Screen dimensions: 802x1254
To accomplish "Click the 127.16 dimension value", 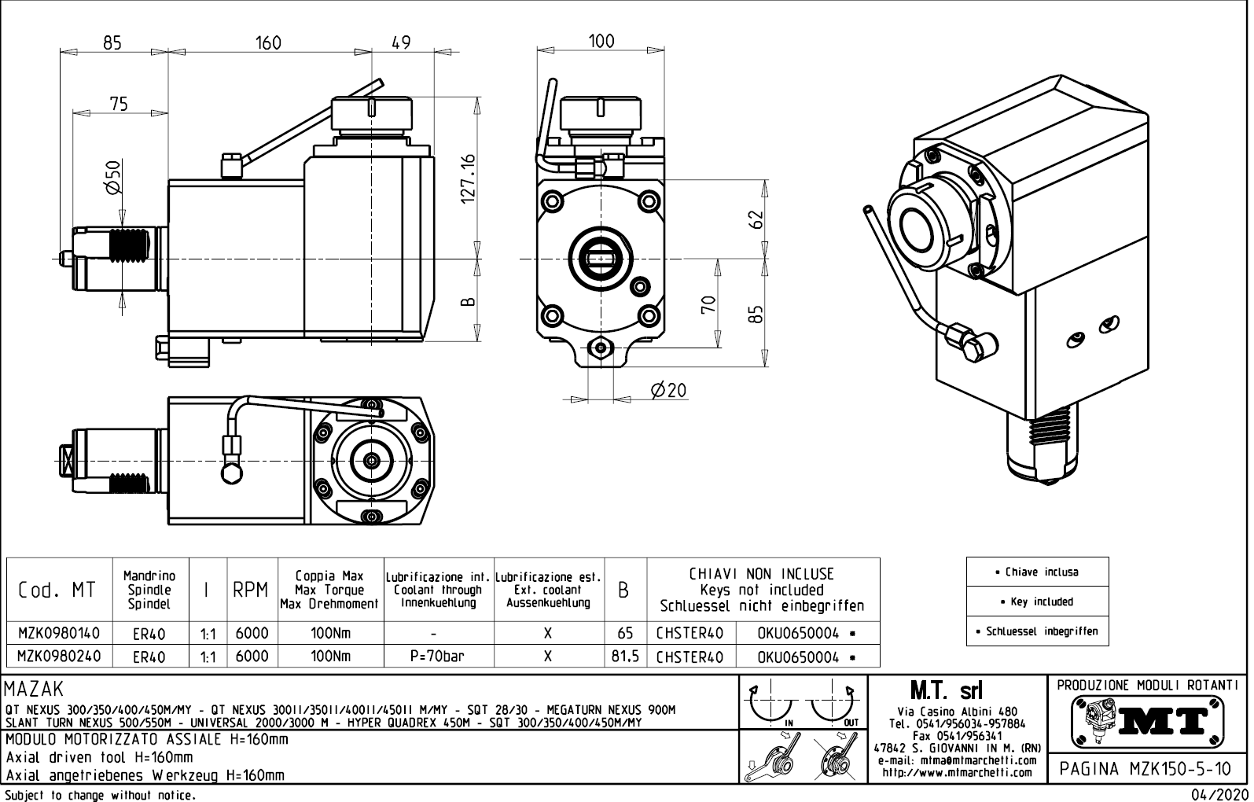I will [469, 178].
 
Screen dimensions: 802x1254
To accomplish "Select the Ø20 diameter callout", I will [668, 390].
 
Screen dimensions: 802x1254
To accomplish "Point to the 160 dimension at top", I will [268, 42].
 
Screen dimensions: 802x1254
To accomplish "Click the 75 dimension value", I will [118, 104].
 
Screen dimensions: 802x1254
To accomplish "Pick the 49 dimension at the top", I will [401, 42].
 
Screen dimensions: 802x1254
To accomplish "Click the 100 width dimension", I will [601, 41].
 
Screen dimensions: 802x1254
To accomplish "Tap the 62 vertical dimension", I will [756, 219].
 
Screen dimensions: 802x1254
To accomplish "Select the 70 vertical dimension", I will [708, 304].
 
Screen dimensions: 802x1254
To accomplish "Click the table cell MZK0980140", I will [58, 633].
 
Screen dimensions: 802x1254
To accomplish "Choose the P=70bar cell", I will [437, 657].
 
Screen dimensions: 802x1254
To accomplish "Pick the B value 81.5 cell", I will [625, 657].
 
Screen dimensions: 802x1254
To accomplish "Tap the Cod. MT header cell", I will [57, 590].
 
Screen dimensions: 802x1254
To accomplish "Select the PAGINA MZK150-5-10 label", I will [1147, 768].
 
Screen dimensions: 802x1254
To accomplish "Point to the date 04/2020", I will [1219, 794].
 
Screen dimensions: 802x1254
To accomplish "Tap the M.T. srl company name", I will [946, 691].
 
